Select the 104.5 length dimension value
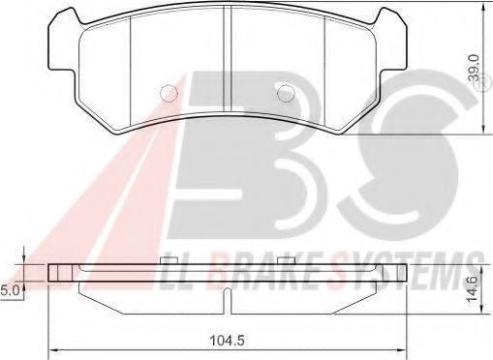click(x=227, y=340)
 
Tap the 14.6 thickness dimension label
click(x=473, y=290)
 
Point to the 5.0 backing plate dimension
click(x=11, y=291)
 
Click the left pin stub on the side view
click(x=169, y=260)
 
